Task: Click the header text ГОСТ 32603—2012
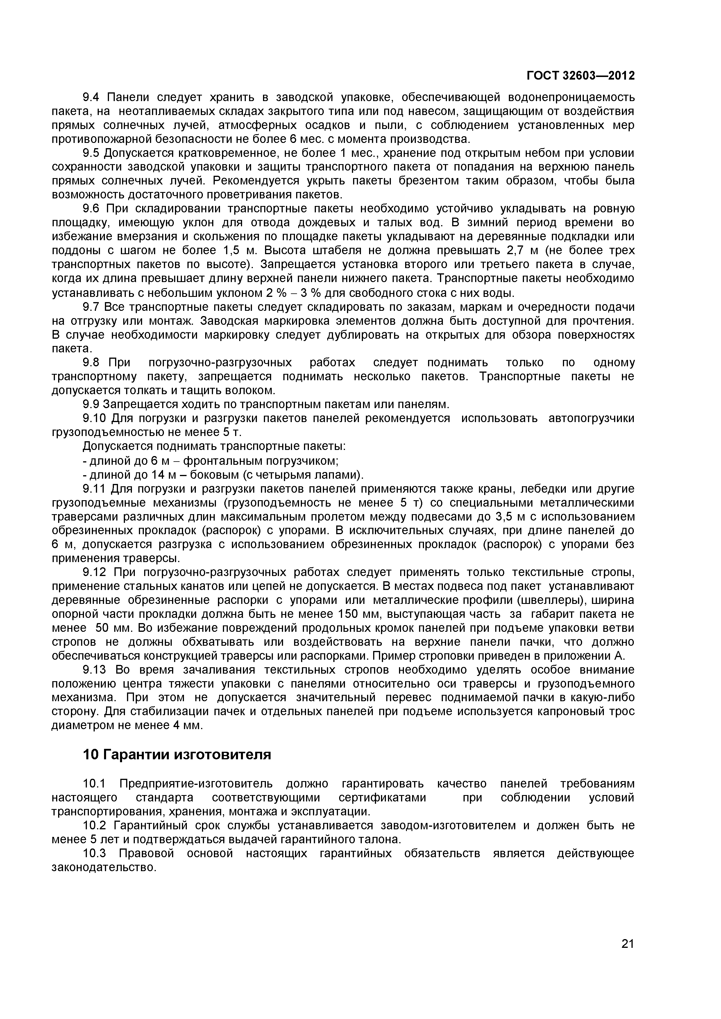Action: (x=581, y=76)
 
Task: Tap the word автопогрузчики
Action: (x=591, y=419)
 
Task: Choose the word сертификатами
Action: (x=382, y=798)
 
